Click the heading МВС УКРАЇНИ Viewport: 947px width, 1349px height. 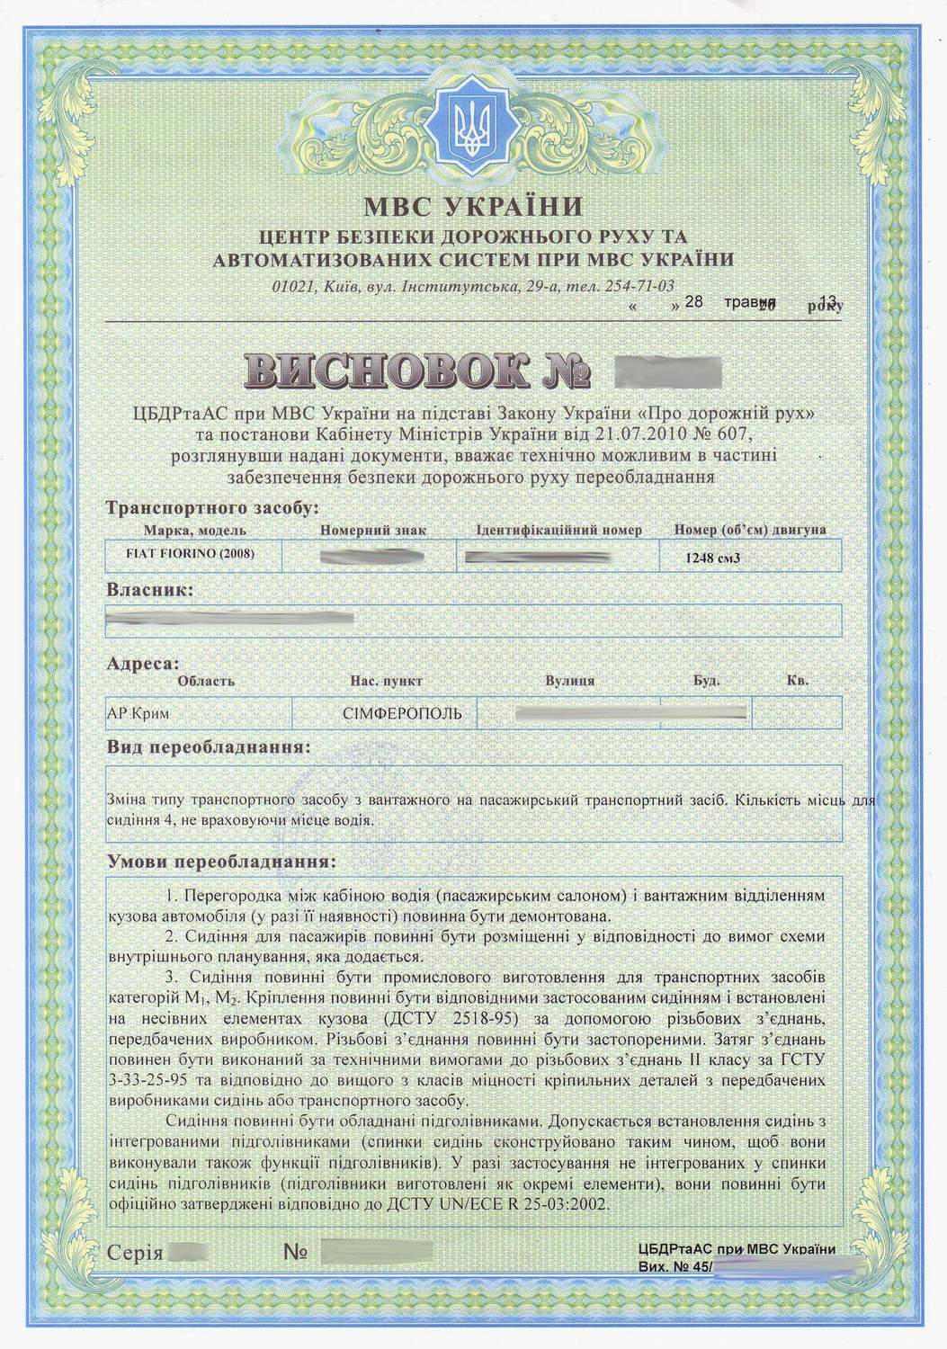[x=472, y=208]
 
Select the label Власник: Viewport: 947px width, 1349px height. [x=149, y=592]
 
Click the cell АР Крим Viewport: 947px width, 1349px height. [x=138, y=714]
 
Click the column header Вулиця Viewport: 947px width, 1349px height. [x=569, y=681]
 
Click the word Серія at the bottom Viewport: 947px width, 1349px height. [x=134, y=1252]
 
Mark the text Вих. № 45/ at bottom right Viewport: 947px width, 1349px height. [x=675, y=1267]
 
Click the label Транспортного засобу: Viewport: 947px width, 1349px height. [x=211, y=508]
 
